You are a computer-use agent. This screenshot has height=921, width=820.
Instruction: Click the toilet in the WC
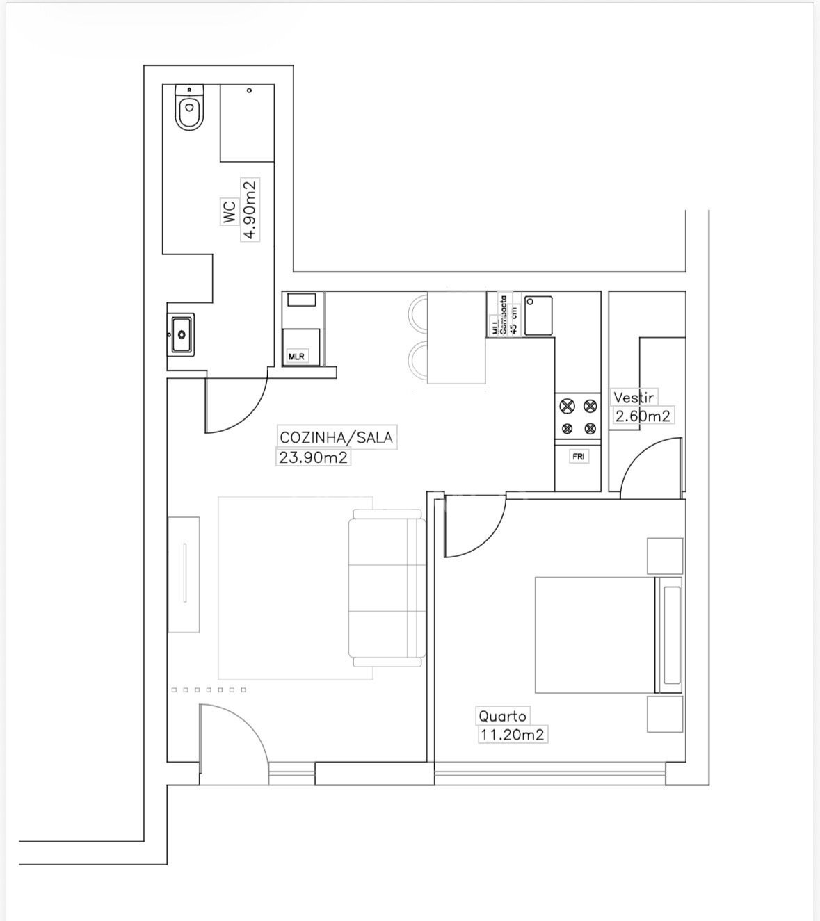click(x=189, y=110)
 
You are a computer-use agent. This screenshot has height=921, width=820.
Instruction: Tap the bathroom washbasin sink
click(x=182, y=334)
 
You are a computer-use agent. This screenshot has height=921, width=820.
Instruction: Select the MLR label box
click(x=297, y=357)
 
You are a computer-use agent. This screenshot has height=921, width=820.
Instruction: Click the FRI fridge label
click(x=578, y=457)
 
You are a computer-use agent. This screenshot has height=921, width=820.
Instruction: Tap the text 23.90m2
click(x=313, y=457)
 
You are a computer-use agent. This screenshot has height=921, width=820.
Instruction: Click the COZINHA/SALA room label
click(x=336, y=437)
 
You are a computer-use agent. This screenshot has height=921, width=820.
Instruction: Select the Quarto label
click(x=501, y=715)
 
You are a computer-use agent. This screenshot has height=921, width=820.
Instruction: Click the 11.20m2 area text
click(x=512, y=734)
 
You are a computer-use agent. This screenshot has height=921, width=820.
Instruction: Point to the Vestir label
click(x=633, y=398)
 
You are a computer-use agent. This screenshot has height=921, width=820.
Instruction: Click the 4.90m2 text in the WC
click(x=249, y=209)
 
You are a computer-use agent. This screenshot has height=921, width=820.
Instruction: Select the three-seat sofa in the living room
click(x=387, y=586)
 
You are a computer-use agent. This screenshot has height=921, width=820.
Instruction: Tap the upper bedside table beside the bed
click(x=666, y=555)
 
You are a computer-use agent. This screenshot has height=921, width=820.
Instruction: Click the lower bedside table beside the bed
click(x=666, y=714)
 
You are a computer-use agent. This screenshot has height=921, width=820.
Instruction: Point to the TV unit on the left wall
click(x=184, y=573)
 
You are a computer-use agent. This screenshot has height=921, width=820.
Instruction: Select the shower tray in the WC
click(x=247, y=123)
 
